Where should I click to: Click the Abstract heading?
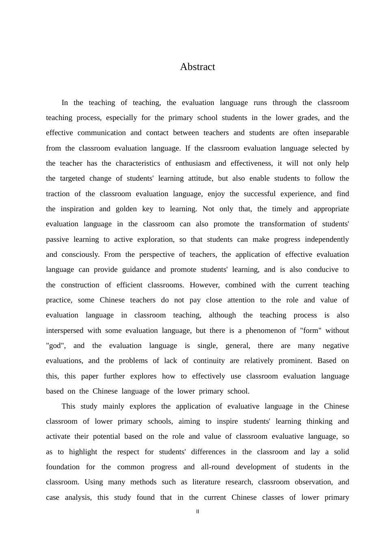point(197,67)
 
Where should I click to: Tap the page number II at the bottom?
point(197,512)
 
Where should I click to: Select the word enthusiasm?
point(193,163)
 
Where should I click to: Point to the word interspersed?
point(65,330)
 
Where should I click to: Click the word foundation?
point(63,467)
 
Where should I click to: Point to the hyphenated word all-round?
point(215,467)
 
